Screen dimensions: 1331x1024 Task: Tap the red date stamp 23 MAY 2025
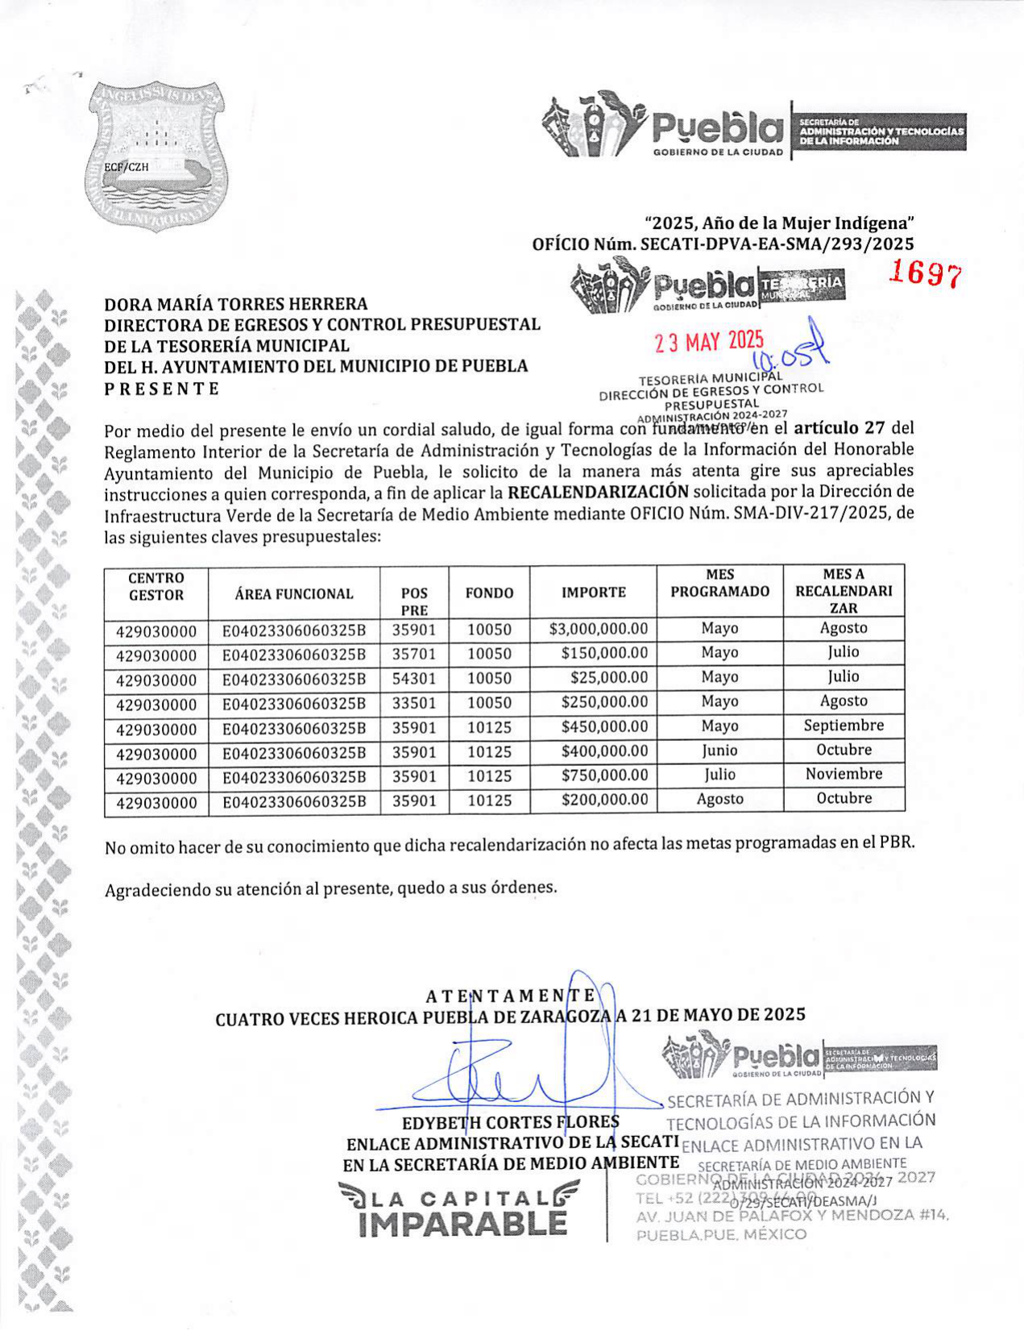(x=708, y=342)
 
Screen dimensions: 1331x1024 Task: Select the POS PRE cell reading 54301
(x=413, y=679)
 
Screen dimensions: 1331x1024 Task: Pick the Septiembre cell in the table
(x=844, y=726)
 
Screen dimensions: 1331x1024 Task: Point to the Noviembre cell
(x=844, y=774)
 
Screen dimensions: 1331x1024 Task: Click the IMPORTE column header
(x=593, y=593)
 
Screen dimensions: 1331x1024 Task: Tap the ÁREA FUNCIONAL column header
(x=294, y=594)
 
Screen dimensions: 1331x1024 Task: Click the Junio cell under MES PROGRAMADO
(x=719, y=751)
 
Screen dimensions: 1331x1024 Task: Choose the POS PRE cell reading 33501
(x=413, y=703)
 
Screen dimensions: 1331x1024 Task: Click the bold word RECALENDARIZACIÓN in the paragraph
(x=597, y=492)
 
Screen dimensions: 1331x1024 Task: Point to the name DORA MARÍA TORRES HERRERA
(x=236, y=304)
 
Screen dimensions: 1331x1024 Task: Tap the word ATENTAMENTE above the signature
(x=511, y=996)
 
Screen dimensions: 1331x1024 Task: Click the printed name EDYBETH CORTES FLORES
(x=511, y=1122)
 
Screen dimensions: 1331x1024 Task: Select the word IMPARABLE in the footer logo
(x=463, y=1224)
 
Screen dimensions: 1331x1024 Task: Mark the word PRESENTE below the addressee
(x=162, y=389)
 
